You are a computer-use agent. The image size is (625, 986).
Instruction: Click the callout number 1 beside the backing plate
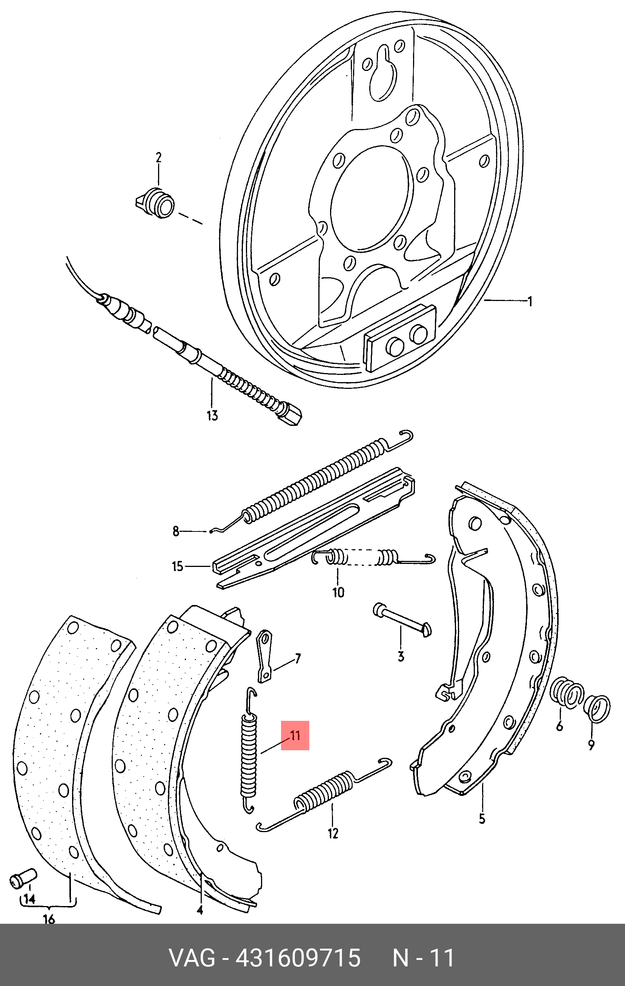point(530,302)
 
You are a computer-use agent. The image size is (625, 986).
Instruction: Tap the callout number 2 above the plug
point(158,158)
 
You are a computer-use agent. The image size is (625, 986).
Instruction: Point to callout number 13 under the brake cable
point(212,416)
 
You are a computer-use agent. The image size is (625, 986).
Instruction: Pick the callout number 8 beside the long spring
point(176,531)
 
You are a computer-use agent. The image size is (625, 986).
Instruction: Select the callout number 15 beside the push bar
point(177,567)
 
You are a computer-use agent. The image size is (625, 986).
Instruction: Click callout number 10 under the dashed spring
point(338,593)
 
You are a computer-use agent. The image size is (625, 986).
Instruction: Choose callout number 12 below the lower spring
point(333,833)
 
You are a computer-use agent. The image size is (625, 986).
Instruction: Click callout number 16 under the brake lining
point(49,919)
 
